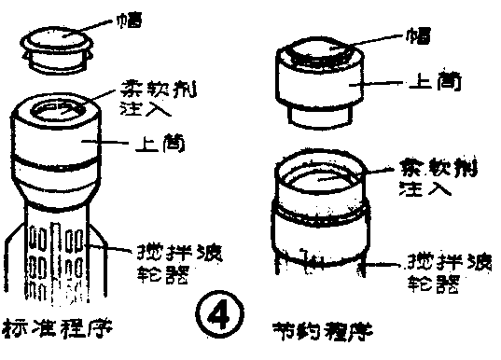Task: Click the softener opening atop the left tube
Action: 55,115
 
